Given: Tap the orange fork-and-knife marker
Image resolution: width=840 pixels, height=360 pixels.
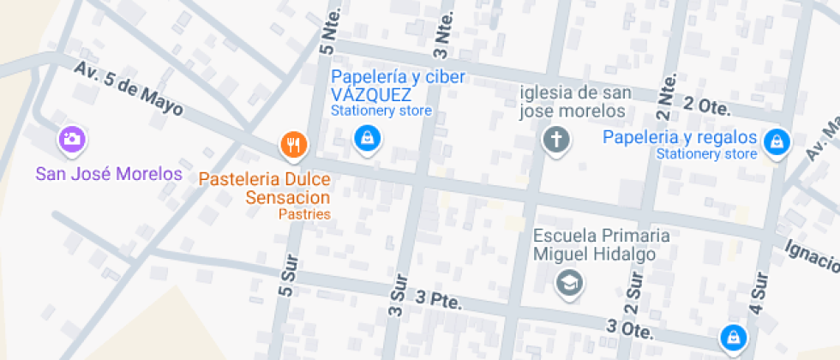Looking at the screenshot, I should coord(293,144).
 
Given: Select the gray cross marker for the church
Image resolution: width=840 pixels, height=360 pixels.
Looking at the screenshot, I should coord(556,139).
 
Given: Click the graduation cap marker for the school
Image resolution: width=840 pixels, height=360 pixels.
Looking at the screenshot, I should coord(568,281).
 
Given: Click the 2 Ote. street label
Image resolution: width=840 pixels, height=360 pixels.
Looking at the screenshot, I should coord(706,106).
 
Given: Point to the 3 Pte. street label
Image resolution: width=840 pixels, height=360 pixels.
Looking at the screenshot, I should coord(438,301).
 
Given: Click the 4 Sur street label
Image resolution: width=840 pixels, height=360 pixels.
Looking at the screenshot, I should coord(759,294).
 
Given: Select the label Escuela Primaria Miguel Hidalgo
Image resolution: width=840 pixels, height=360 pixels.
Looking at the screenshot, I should coord(595,244).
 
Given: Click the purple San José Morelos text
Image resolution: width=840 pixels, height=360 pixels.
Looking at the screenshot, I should coord(109,174).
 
